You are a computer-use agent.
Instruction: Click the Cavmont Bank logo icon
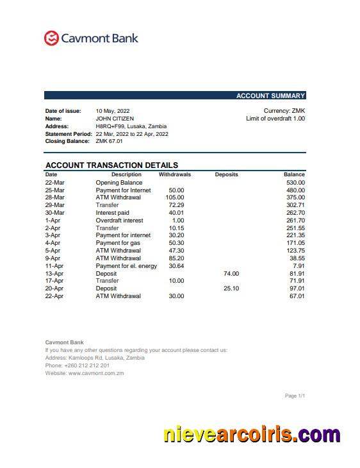(x=51, y=38)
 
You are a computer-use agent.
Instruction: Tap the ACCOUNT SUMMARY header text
(x=270, y=96)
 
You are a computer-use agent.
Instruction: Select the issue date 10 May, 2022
(x=113, y=111)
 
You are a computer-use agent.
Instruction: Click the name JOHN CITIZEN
(x=115, y=119)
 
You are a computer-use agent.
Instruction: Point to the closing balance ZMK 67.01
(x=109, y=141)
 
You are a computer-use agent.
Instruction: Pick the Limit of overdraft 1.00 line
(x=275, y=119)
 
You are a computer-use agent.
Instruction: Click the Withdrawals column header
(x=175, y=174)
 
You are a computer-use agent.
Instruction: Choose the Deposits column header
(x=226, y=174)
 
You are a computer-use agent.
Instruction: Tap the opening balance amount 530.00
(x=295, y=183)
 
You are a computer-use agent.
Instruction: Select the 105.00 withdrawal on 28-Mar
(x=175, y=197)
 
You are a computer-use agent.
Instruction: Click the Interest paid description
(x=112, y=213)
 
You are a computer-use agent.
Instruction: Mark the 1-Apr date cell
(x=53, y=221)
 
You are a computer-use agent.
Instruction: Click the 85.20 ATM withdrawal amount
(x=176, y=258)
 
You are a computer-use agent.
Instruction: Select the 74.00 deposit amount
(x=231, y=274)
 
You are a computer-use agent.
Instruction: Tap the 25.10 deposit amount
(x=231, y=288)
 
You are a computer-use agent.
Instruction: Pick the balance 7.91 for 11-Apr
(x=299, y=266)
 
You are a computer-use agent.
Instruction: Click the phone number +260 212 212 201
(x=86, y=365)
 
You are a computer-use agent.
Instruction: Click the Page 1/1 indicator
(x=295, y=396)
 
